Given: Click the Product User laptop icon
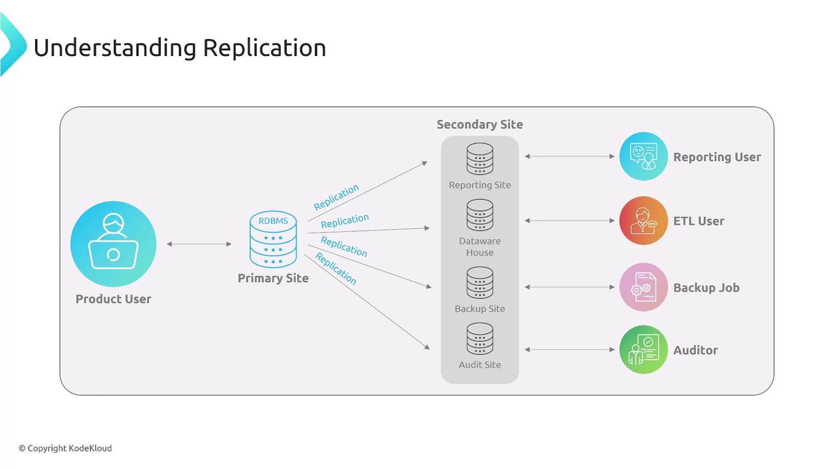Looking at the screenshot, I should point(113,244).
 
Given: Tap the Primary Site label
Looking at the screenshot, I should point(273,278).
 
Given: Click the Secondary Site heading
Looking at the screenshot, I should point(480,124).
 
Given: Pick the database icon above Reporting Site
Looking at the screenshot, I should point(480,160).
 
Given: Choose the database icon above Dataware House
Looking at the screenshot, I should point(480,216).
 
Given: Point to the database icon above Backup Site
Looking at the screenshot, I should point(480,283).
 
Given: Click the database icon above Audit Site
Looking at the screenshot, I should point(480,339).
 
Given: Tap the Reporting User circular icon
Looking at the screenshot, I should point(643,156).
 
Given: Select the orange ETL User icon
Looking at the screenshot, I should point(643,221).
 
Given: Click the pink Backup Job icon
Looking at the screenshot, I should point(643,287).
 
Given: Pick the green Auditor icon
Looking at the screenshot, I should point(643,350).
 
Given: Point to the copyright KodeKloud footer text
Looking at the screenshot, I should point(65,448).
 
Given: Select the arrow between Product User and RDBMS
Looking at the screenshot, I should point(199,244).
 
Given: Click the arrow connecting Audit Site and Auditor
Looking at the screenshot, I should point(569,350).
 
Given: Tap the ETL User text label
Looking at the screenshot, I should point(698,221).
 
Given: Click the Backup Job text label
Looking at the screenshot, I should point(706,287).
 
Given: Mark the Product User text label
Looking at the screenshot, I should point(113,299).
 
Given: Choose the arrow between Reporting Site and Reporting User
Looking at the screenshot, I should point(569,156).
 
